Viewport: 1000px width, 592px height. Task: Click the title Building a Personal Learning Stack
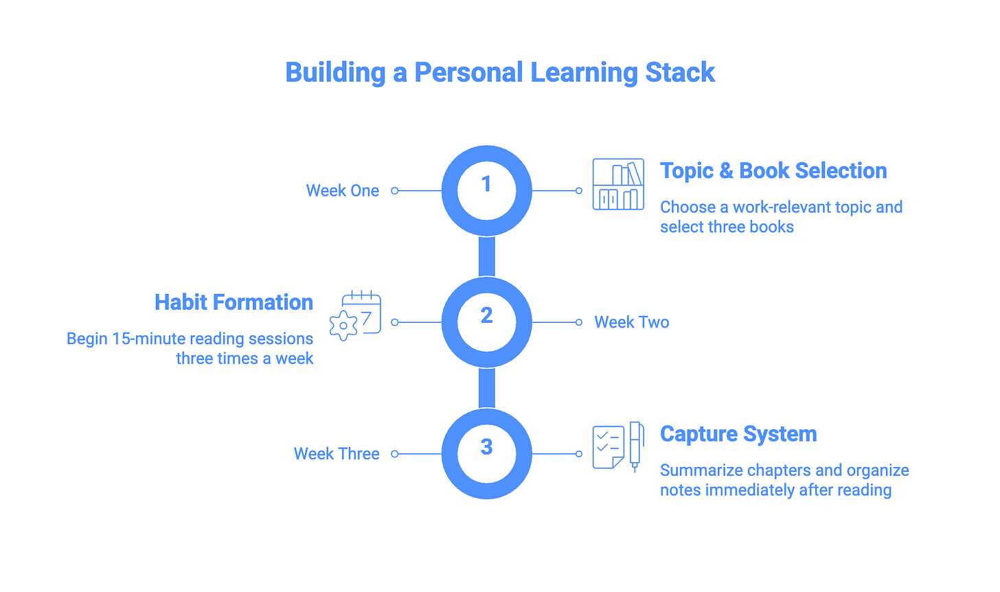[x=500, y=73]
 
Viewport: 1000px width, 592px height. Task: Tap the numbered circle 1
[x=486, y=190]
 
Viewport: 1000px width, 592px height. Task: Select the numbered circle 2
[x=486, y=321]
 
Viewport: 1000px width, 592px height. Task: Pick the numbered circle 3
[x=486, y=453]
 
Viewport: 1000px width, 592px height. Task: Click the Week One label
[x=342, y=191]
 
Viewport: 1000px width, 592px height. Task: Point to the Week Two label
[x=631, y=322]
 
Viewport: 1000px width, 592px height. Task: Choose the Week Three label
[x=337, y=454]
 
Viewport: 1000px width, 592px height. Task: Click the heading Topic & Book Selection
[x=773, y=171]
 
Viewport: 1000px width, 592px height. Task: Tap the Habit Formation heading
[x=234, y=302]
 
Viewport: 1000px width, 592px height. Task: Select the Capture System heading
[x=738, y=434]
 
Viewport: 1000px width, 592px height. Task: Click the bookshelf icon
[x=618, y=184]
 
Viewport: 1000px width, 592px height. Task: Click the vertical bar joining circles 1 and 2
[x=486, y=256]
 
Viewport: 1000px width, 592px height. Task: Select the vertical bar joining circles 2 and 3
[x=486, y=388]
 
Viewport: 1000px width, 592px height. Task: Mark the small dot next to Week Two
[x=579, y=322]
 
